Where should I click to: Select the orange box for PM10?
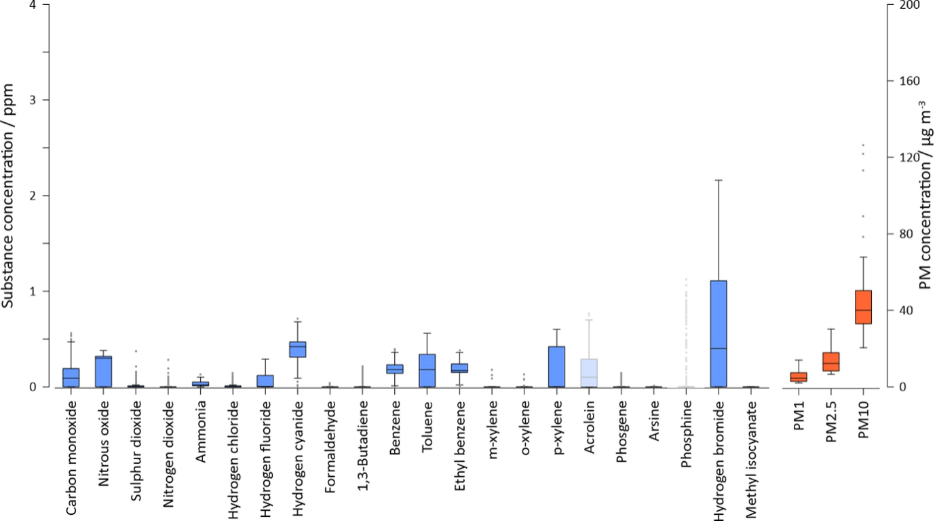tap(863, 307)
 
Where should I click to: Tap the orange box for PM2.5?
tap(830, 361)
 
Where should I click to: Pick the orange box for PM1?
tap(799, 376)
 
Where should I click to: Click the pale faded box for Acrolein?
tap(588, 372)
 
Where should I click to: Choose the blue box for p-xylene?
tap(556, 366)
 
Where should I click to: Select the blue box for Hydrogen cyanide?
tap(297, 349)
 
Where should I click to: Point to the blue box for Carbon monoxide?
tap(71, 377)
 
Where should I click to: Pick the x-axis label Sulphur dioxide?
tap(136, 450)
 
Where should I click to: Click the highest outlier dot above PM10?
tap(863, 145)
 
